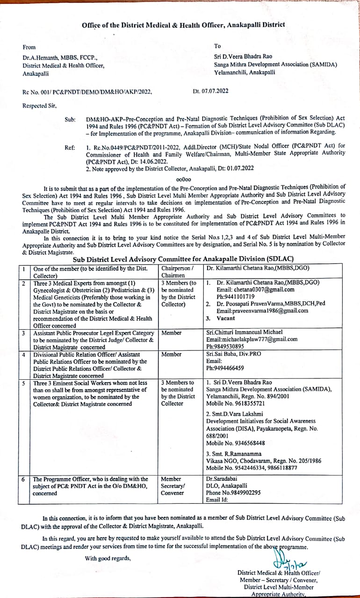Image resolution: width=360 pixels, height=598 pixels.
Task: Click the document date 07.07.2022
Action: (215, 91)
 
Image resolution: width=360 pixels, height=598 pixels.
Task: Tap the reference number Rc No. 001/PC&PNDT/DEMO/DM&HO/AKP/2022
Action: (87, 92)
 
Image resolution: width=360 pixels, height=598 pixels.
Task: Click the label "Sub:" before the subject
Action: (70, 120)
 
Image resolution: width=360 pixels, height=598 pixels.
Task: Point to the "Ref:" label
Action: (70, 148)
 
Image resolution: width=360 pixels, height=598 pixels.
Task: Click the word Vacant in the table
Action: (226, 318)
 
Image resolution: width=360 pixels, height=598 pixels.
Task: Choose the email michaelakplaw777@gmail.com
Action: (252, 339)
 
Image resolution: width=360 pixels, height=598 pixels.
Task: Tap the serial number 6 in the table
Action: (23, 479)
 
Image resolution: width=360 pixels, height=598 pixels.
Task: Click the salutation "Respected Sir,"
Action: (40, 106)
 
